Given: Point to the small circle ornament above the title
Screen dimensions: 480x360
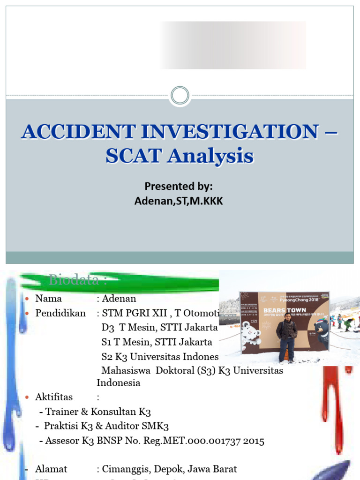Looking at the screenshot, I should click(x=180, y=96).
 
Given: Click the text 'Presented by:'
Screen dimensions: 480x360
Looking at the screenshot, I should click(x=179, y=187).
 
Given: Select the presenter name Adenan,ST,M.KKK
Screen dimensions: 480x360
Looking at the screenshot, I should click(x=179, y=201).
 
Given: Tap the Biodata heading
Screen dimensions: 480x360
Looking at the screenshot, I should click(x=78, y=280).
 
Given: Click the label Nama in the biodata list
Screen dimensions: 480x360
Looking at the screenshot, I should click(x=48, y=299).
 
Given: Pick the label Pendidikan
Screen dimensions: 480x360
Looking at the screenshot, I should click(x=60, y=313).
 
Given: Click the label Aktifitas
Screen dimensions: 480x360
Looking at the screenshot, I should click(x=54, y=397).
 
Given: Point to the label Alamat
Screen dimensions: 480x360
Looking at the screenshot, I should click(x=51, y=469).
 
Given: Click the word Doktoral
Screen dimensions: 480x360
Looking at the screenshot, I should click(x=176, y=370).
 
